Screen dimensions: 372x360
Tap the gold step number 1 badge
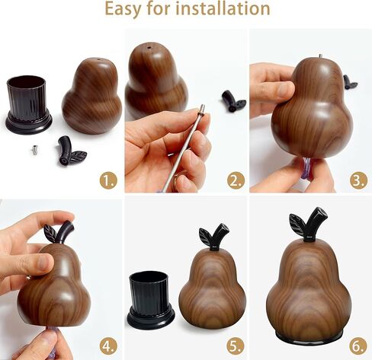point(108,180)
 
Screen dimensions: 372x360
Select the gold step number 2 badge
point(236,180)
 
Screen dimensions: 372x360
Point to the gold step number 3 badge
point(359,180)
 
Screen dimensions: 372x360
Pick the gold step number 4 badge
point(108,346)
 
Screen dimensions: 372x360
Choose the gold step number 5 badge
point(236,346)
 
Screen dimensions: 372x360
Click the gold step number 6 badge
point(358,346)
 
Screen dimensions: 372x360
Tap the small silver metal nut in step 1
point(35,149)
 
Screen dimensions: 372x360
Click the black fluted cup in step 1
point(28,104)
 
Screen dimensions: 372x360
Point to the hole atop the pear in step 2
point(149,47)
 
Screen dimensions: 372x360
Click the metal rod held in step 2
point(182,148)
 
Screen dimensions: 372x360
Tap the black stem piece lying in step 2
point(233,101)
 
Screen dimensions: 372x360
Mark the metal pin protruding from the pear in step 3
point(320,56)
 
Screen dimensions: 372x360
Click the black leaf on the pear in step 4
point(50,233)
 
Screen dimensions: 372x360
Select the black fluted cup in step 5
point(151,299)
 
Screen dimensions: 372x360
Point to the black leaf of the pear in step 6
point(298,223)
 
